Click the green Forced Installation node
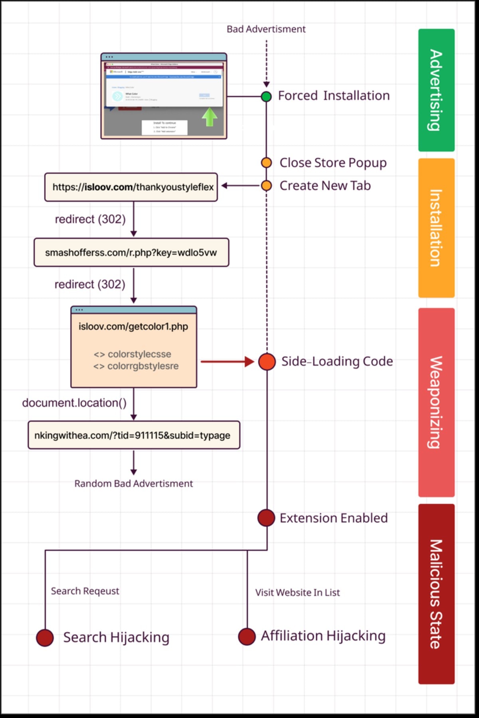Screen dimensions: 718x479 [x=266, y=97]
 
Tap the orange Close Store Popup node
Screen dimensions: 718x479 [x=266, y=163]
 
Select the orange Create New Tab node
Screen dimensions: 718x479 [x=266, y=185]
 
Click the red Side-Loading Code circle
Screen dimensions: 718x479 [x=267, y=362]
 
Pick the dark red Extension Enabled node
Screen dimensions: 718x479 [x=266, y=518]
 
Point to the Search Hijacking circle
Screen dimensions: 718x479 [x=45, y=637]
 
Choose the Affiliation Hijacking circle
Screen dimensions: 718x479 [x=247, y=636]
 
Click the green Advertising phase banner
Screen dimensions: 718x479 [x=436, y=90]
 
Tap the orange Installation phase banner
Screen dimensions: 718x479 [x=436, y=228]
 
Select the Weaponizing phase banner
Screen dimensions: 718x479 [x=436, y=402]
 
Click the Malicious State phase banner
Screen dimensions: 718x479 [x=436, y=594]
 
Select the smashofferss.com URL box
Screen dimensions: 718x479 [x=131, y=252]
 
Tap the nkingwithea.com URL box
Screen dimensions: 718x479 [x=134, y=435]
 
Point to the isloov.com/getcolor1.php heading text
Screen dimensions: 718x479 [x=133, y=327]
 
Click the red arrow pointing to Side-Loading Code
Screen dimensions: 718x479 [x=227, y=362]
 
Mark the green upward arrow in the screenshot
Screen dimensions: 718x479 [x=210, y=117]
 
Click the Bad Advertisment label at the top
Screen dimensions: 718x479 [x=266, y=29]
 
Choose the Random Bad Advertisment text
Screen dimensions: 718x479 [x=133, y=483]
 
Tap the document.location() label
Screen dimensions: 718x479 [x=74, y=403]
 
